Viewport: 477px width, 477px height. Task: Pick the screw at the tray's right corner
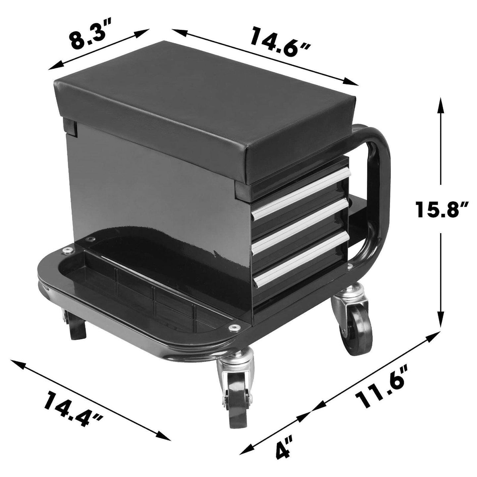click(x=235, y=327)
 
